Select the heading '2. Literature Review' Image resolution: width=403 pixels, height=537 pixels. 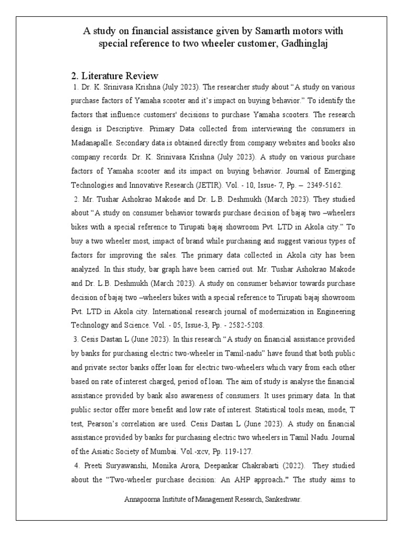(114, 76)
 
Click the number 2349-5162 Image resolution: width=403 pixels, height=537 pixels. (324, 185)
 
